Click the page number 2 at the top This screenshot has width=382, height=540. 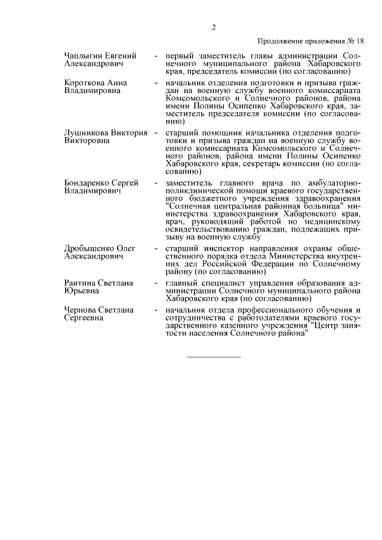pyautogui.click(x=212, y=26)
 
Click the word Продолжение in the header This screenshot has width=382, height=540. pyautogui.click(x=280, y=41)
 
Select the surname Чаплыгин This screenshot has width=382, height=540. pyautogui.click(x=82, y=55)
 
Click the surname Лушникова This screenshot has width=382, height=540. pyautogui.click(x=85, y=132)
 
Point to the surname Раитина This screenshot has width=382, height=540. pyautogui.click(x=80, y=282)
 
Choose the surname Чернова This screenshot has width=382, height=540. pyautogui.click(x=79, y=310)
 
